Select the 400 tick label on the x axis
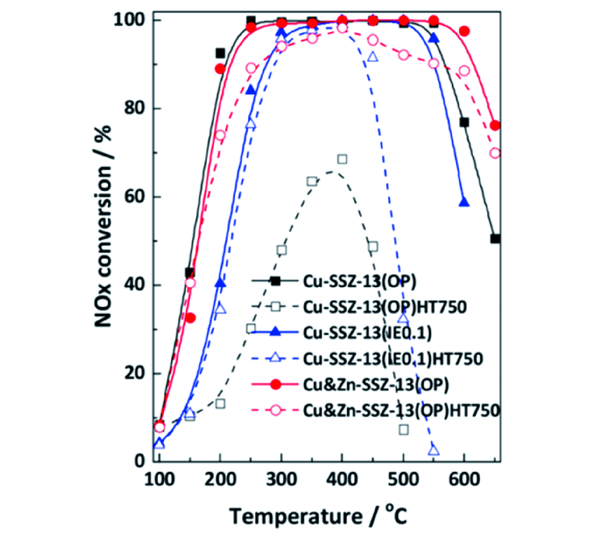[x=342, y=477]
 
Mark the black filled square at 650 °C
[x=495, y=239]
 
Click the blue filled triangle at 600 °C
[x=464, y=202]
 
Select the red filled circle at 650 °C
[x=495, y=125]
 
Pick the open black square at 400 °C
[x=342, y=159]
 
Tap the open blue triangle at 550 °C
[x=434, y=450]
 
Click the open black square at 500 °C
[x=403, y=430]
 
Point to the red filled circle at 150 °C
[x=189, y=318]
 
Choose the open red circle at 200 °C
[x=220, y=135]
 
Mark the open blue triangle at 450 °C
[x=372, y=57]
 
